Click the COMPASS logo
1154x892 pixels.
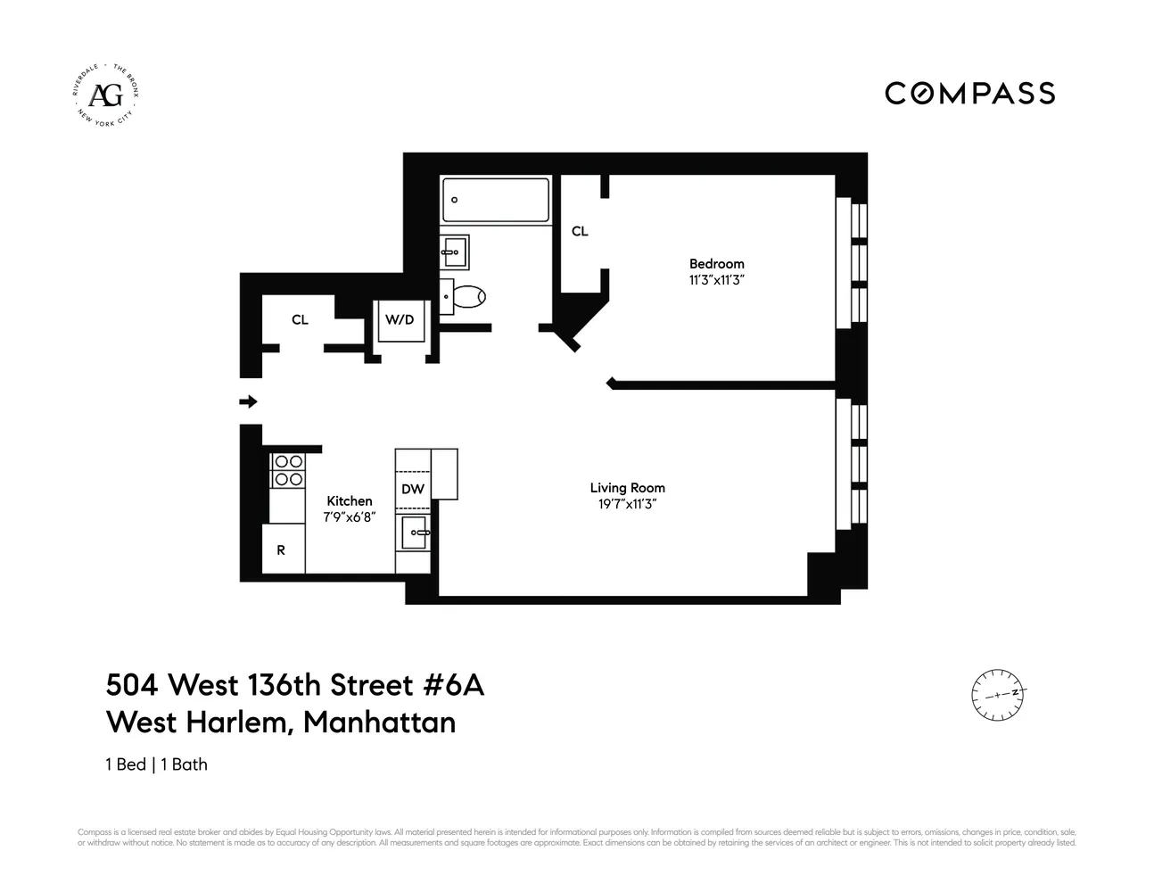969,94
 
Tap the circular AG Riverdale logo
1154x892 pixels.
107,94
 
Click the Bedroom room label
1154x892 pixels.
716,264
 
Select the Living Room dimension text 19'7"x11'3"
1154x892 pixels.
627,504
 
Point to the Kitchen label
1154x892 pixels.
349,501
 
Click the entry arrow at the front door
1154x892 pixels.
249,401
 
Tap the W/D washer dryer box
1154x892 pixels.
399,320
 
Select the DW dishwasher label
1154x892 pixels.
412,489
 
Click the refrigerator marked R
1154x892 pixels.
282,549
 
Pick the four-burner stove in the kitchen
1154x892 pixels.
287,470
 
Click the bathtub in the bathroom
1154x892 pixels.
496,200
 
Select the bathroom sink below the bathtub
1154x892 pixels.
454,252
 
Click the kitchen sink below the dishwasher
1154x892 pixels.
415,533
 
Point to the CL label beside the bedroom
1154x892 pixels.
580,231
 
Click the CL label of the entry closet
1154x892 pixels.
300,319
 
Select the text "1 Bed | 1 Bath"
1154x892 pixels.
157,764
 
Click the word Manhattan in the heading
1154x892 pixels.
379,722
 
